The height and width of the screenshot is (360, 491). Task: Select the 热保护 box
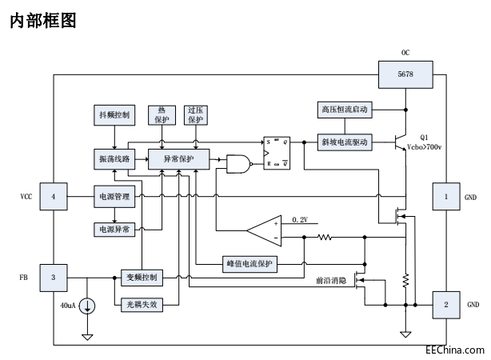(162, 114)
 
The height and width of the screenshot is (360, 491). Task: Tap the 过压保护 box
(194, 114)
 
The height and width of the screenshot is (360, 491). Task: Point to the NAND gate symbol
(238, 164)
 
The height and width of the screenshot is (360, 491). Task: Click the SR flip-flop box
(277, 151)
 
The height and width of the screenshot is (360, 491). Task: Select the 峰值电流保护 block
(249, 263)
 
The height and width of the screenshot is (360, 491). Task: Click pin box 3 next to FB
(53, 277)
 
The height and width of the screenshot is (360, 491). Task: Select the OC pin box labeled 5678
(405, 74)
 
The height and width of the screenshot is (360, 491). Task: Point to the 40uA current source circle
(86, 306)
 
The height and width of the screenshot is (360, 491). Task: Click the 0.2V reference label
(300, 219)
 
